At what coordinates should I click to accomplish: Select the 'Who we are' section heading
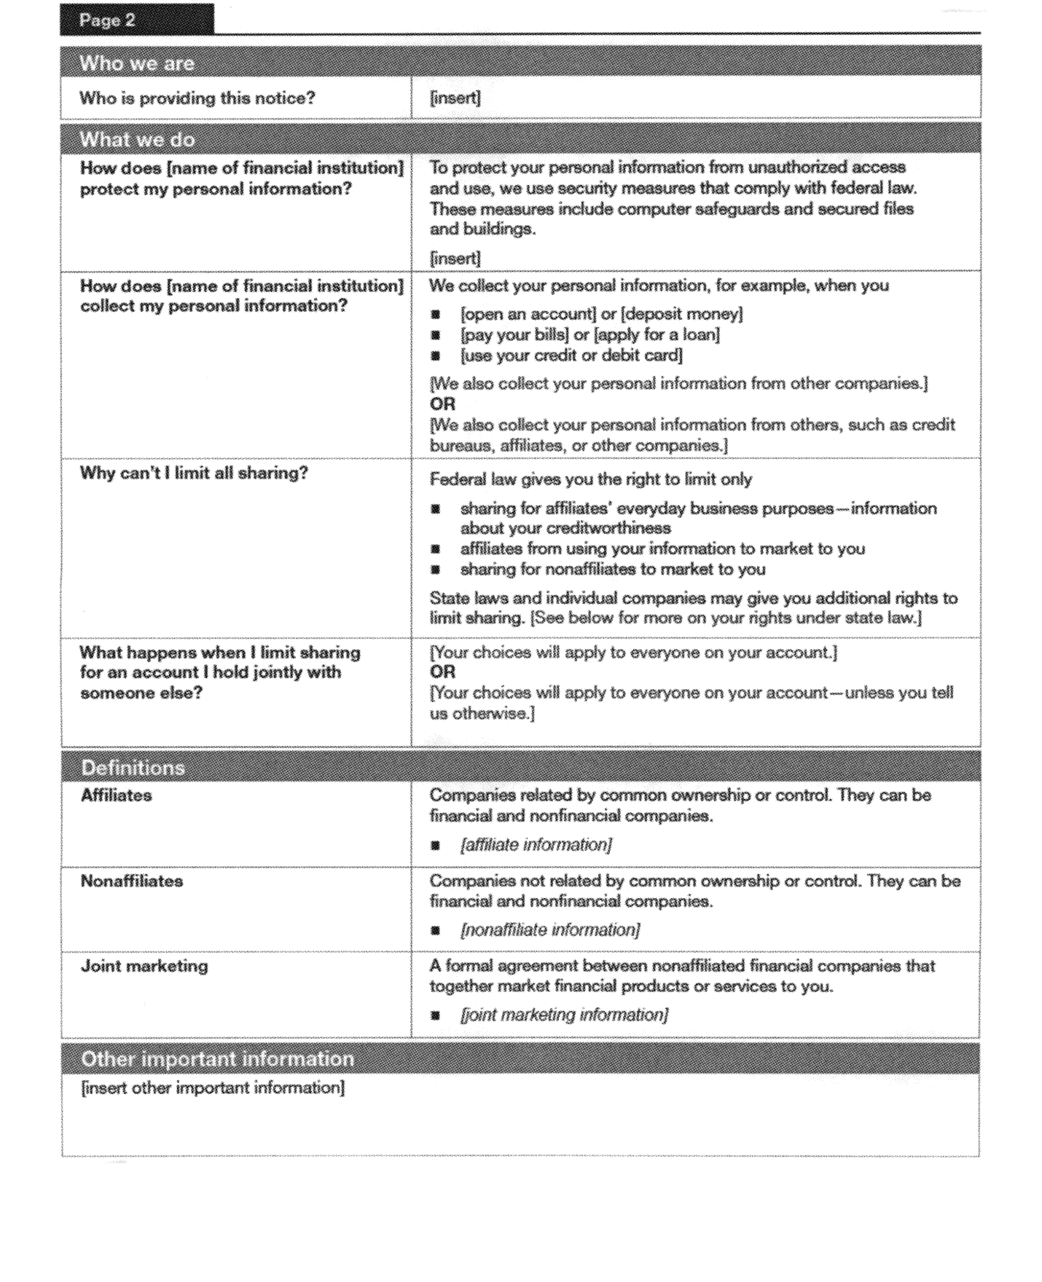click(x=137, y=63)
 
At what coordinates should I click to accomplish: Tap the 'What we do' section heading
click(x=137, y=139)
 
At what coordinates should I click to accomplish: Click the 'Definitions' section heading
click(x=133, y=768)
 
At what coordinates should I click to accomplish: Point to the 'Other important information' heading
click(x=217, y=1058)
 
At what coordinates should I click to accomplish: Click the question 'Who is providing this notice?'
click(x=197, y=98)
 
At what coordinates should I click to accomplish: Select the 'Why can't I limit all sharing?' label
click(x=194, y=473)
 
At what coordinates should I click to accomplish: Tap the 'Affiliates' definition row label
click(x=116, y=795)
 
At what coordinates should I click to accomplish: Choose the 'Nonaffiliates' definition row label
click(x=131, y=881)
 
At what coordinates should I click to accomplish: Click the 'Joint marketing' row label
click(x=144, y=967)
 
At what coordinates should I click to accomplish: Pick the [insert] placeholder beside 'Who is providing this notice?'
click(x=455, y=98)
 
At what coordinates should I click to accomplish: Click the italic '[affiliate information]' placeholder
click(x=536, y=845)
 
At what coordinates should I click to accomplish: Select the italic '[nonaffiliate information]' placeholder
click(x=550, y=930)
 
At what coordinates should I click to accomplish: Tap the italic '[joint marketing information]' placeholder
click(x=564, y=1015)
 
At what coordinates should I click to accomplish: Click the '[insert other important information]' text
click(x=212, y=1088)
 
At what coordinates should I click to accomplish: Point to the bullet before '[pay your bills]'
click(x=436, y=335)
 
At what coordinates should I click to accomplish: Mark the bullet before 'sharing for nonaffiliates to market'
click(x=436, y=570)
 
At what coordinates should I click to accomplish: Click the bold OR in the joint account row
click(x=442, y=672)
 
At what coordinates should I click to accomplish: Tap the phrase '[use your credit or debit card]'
click(x=571, y=355)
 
